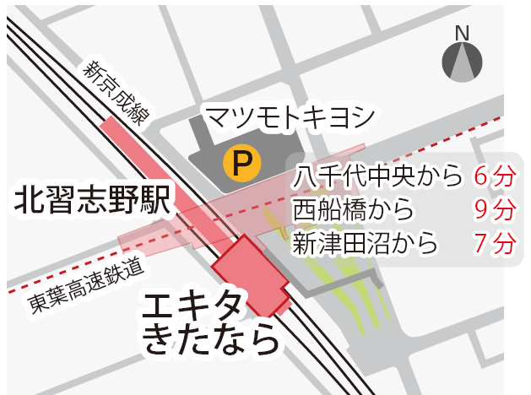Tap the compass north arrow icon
[462, 62]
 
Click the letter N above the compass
[462, 33]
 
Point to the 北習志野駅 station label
[92, 202]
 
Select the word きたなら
[211, 340]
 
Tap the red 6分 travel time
[494, 177]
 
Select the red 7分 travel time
[494, 243]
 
